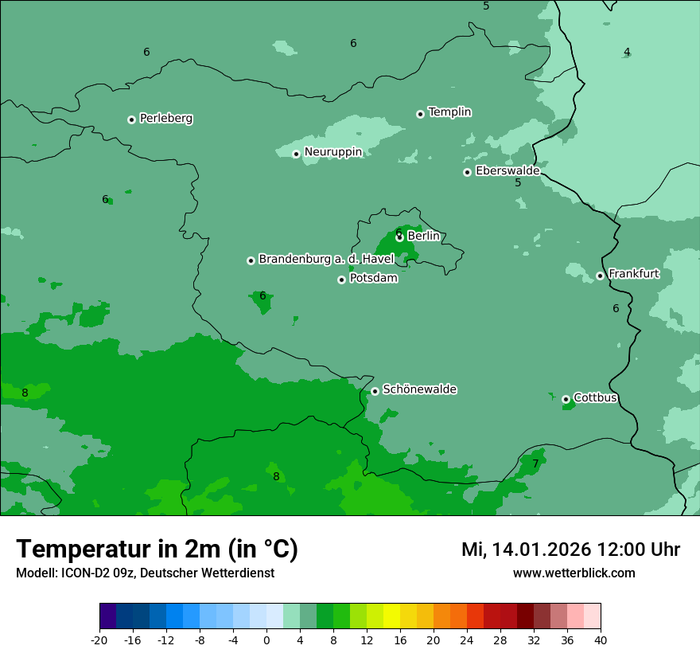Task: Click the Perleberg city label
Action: [165, 119]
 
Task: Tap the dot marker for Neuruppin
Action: [296, 154]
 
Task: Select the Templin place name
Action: [449, 112]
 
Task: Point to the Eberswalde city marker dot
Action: [468, 172]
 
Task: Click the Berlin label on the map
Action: [423, 236]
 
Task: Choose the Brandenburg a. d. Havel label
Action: [326, 260]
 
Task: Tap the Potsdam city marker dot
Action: [341, 280]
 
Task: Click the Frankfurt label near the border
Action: [633, 274]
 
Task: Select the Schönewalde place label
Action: [419, 390]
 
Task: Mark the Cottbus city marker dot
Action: [566, 399]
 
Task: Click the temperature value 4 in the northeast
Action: [627, 53]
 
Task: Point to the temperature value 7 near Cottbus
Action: [535, 463]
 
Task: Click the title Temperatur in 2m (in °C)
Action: [157, 550]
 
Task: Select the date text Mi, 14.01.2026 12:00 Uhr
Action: [570, 550]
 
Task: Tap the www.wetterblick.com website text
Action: [574, 573]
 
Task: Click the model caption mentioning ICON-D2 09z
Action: [145, 573]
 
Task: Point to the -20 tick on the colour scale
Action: [99, 640]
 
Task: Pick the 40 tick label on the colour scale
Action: [601, 640]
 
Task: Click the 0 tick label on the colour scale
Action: [266, 640]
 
